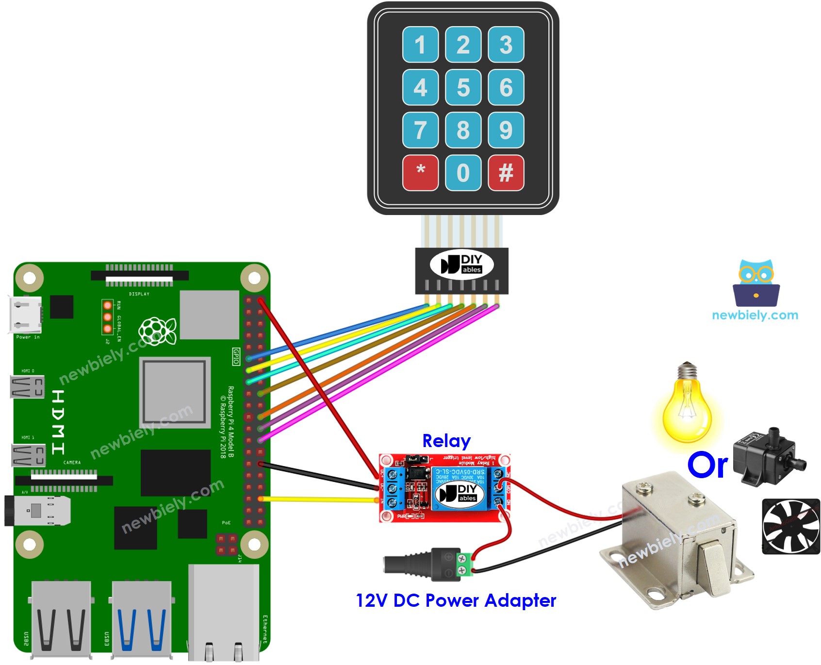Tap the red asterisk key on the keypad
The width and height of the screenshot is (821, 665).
(x=420, y=173)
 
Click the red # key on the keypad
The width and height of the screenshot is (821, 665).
(x=506, y=173)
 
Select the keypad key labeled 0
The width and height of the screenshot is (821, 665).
(x=463, y=173)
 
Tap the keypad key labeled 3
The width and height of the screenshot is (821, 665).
(x=506, y=45)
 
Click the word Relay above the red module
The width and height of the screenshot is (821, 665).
(x=446, y=441)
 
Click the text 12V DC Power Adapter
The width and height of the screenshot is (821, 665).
(x=456, y=600)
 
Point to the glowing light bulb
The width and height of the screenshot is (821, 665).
(x=687, y=408)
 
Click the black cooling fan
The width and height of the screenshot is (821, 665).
(x=790, y=527)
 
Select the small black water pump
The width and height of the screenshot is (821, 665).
(x=767, y=456)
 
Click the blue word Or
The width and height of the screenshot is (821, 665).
(x=707, y=465)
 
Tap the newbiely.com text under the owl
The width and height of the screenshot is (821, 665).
(x=755, y=315)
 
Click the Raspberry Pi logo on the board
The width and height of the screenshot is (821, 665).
(x=157, y=332)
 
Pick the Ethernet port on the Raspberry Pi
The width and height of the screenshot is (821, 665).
(x=223, y=612)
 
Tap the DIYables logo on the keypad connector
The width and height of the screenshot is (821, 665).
(x=461, y=264)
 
